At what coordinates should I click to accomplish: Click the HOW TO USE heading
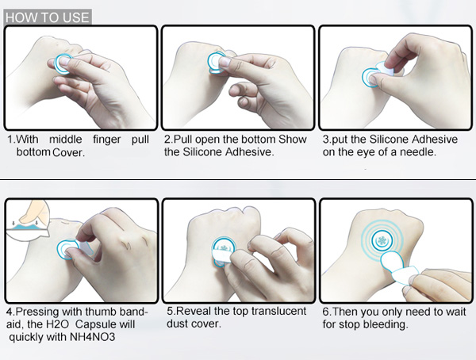[48, 17]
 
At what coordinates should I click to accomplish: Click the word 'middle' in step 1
[66, 140]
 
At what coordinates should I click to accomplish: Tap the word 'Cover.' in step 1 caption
[68, 152]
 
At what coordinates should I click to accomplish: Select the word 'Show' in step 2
[293, 140]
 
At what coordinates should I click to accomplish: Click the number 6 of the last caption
[326, 312]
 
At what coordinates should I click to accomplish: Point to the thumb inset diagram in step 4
[28, 220]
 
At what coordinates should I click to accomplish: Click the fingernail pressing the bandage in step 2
[225, 62]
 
